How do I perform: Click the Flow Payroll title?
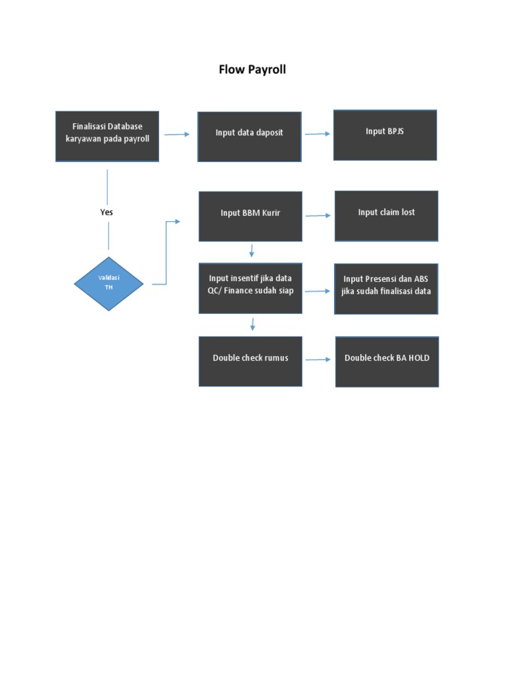[x=252, y=69]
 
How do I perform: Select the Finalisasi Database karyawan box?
[x=107, y=136]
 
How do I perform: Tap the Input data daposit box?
[x=249, y=136]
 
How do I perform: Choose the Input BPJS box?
[x=385, y=135]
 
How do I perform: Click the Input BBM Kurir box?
[x=251, y=217]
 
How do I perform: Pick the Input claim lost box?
[x=386, y=216]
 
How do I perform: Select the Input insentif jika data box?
[x=251, y=288]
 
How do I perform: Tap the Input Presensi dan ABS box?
[x=386, y=289]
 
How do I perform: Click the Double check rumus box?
[x=251, y=361]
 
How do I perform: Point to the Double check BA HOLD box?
[x=387, y=362]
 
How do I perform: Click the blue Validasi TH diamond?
[x=108, y=284]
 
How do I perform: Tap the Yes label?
[x=107, y=213]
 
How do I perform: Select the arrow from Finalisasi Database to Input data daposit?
[x=177, y=134]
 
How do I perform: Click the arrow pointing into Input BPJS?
[x=318, y=134]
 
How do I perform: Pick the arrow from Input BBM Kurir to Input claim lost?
[x=318, y=215]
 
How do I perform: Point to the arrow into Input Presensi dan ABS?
[x=318, y=290]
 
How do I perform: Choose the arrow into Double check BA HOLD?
[x=318, y=359]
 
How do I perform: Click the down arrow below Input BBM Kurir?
[x=251, y=251]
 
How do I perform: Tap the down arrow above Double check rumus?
[x=252, y=324]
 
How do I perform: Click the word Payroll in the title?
[x=267, y=69]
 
